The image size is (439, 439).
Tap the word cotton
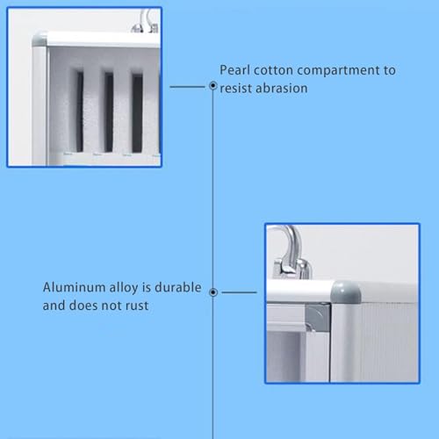[273, 70]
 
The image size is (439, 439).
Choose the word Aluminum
[74, 287]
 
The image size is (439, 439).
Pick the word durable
[178, 287]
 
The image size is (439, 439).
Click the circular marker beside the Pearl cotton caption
[213, 86]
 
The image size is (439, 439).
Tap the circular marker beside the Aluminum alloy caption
[213, 292]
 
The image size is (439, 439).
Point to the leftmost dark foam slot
[80, 112]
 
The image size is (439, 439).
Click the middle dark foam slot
[109, 112]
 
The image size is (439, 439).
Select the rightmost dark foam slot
[137, 113]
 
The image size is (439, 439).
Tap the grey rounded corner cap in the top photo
[40, 40]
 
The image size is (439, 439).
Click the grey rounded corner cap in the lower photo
[346, 291]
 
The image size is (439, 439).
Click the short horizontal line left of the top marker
[187, 87]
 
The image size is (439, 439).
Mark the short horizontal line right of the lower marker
[239, 292]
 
